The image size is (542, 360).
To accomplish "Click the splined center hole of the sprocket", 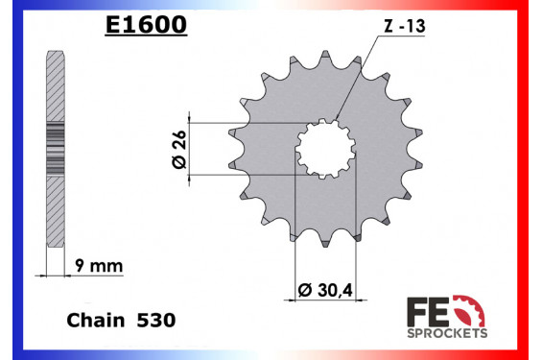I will coord(325,152).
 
